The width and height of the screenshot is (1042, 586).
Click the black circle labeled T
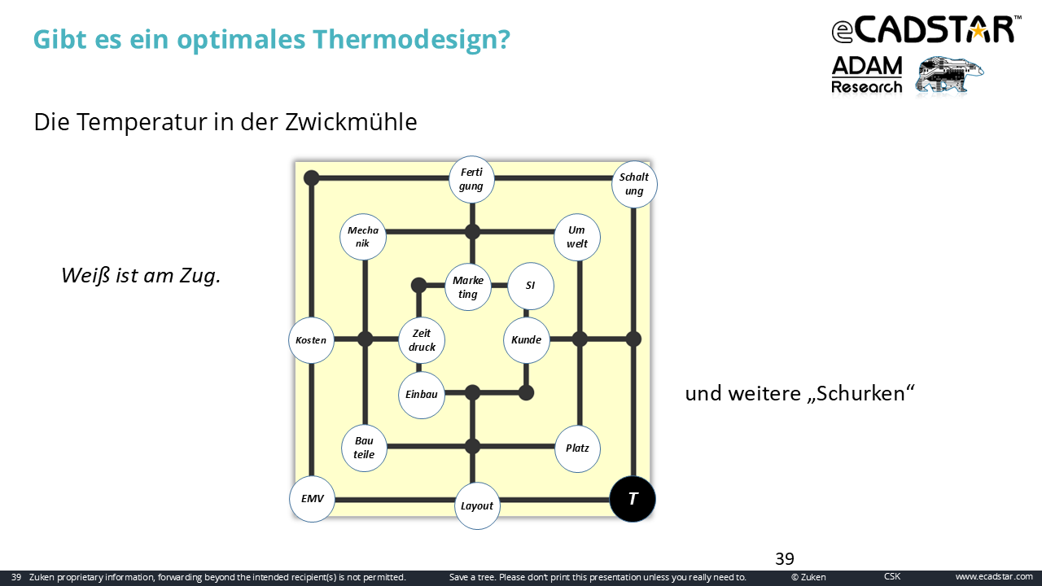633,499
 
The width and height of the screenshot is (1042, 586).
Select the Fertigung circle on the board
471,179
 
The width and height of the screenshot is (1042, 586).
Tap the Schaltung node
634,184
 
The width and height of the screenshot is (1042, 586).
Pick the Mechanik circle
363,237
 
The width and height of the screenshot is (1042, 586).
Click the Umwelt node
577,237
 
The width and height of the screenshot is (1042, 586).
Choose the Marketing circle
468,287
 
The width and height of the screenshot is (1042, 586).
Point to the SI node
530,286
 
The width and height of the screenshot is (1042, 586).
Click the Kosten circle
311,340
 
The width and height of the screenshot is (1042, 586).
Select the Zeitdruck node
422,340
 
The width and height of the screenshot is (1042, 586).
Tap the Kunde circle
527,340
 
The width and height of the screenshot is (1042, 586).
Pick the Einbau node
422,395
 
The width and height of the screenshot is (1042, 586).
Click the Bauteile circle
364,448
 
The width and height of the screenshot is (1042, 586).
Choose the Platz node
577,448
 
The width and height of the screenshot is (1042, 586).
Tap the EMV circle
312,499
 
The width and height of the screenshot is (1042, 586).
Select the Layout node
477,505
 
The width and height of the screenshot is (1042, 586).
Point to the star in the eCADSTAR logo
979,31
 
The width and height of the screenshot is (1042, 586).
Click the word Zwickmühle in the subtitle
351,122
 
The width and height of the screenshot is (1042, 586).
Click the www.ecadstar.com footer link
994,577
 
